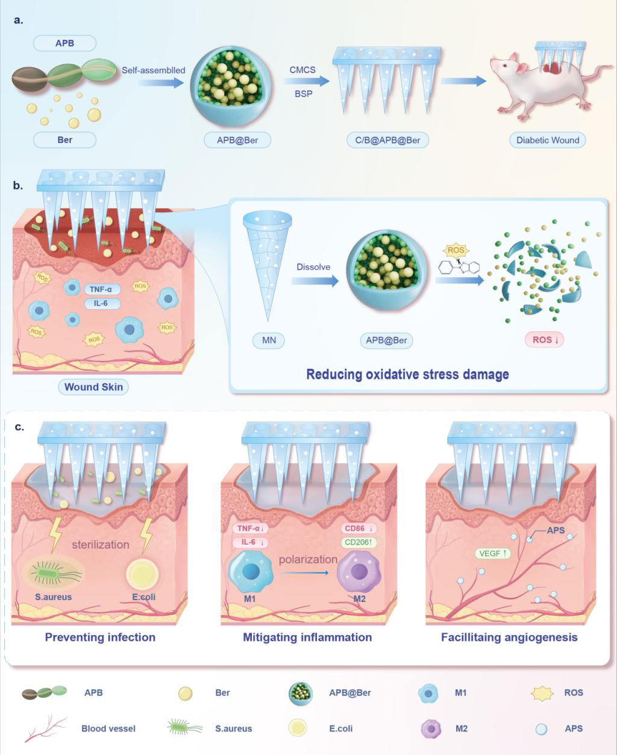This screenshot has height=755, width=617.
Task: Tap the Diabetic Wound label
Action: tap(548, 140)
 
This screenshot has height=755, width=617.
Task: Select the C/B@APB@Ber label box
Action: tap(387, 140)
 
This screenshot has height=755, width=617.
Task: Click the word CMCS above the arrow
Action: tap(302, 70)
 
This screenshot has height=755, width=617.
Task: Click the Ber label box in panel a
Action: tap(64, 140)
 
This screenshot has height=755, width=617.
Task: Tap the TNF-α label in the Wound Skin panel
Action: tap(101, 290)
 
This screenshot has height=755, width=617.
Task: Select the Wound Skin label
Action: tap(93, 387)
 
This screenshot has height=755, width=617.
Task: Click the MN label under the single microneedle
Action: tap(269, 340)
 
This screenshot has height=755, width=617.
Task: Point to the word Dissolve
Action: tap(313, 267)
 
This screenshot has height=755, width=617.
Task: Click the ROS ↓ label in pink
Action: tap(546, 340)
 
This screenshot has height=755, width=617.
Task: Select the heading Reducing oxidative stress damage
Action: tap(407, 374)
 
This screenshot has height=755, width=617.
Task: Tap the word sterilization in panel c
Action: tap(101, 544)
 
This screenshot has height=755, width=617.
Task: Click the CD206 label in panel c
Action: tap(360, 542)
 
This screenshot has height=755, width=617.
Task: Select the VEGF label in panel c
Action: tap(493, 553)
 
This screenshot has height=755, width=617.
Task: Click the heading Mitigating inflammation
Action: tap(307, 637)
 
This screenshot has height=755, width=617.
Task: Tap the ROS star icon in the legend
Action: tap(542, 693)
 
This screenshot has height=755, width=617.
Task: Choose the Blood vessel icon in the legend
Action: tap(45, 728)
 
